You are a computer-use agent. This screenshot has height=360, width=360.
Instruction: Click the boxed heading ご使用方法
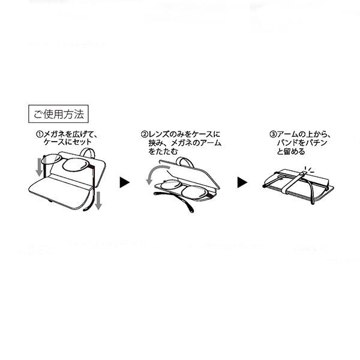[58, 114]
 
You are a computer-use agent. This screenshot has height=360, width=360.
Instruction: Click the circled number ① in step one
[40, 134]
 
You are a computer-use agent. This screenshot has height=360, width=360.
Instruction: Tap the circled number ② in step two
[144, 134]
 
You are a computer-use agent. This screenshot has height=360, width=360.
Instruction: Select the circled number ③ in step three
[273, 134]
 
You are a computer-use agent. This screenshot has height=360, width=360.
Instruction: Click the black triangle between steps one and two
[125, 182]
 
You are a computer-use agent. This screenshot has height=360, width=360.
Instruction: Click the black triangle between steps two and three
[242, 182]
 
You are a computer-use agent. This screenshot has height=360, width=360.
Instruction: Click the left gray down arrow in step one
[40, 167]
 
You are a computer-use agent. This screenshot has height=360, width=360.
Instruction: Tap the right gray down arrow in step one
[98, 200]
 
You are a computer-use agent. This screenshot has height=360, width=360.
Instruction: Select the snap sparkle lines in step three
[309, 169]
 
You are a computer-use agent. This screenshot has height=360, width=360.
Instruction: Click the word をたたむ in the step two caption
[163, 152]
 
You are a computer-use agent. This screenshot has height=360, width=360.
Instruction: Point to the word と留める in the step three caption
[291, 152]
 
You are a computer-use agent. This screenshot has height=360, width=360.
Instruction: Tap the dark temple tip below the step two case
[191, 209]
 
